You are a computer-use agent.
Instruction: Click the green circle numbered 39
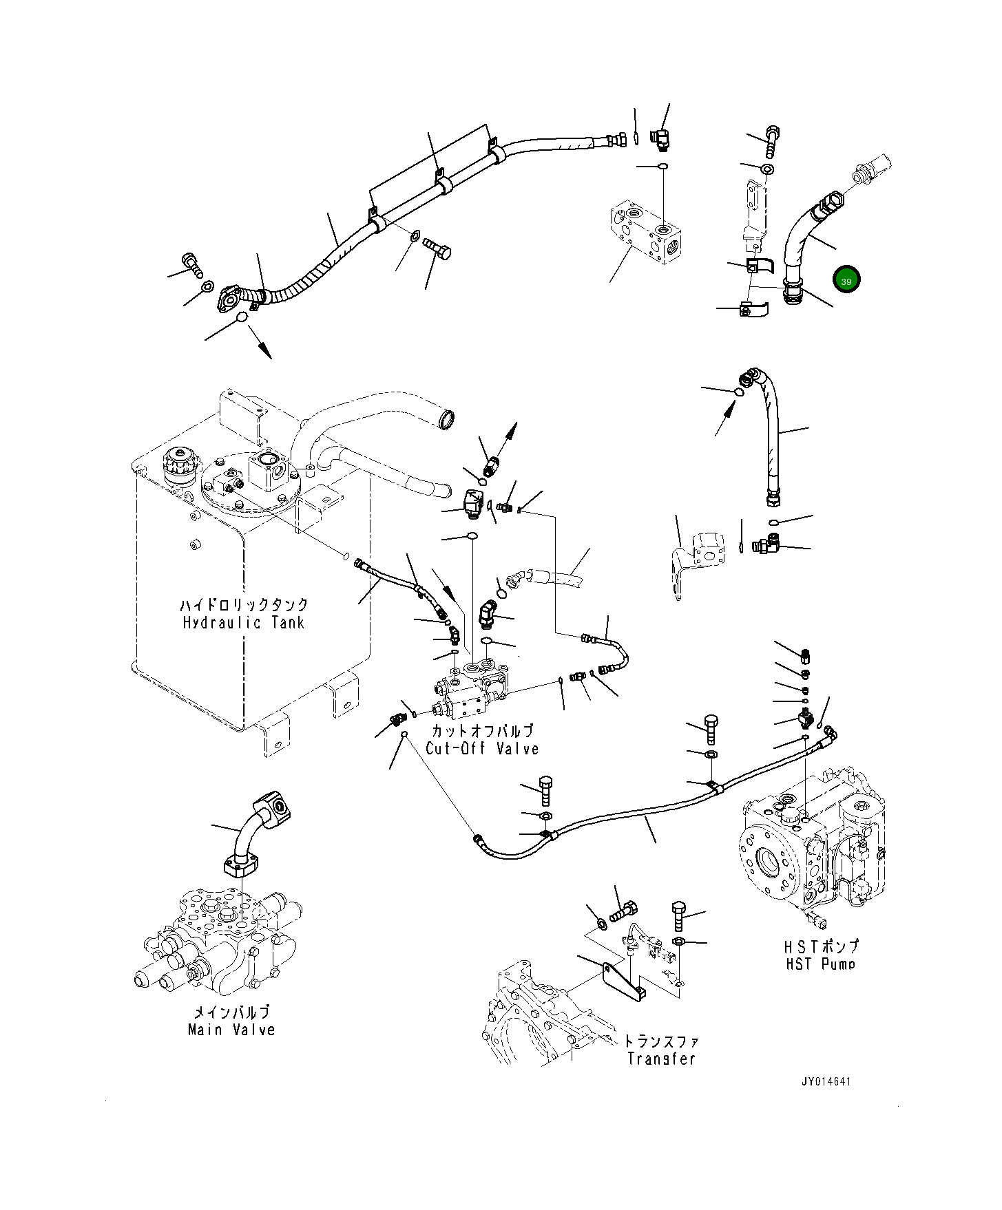pos(846,280)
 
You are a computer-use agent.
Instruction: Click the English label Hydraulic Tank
pos(243,623)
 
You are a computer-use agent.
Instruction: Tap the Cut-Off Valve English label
pos(482,749)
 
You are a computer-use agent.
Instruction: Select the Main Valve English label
pos(231,1030)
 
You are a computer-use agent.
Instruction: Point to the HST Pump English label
pos(821,964)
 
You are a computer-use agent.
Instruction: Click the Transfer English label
pos(661,1059)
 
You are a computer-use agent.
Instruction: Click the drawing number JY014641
pos(826,1081)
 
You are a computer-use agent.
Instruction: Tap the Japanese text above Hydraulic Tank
pos(244,605)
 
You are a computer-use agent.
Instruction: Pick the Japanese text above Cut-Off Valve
pos(482,730)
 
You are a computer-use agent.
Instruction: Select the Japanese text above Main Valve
pos(231,1012)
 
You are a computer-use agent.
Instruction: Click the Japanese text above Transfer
pos(660,1041)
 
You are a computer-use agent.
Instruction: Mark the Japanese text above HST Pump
pos(822,946)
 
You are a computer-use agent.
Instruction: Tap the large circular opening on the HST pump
pos(769,861)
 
